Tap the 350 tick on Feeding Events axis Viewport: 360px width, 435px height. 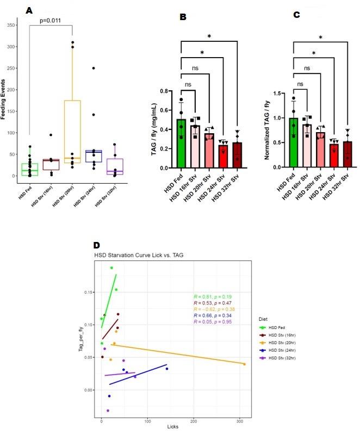click(11, 24)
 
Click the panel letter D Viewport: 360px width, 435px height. click(97, 246)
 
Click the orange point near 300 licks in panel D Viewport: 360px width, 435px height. click(244, 364)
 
